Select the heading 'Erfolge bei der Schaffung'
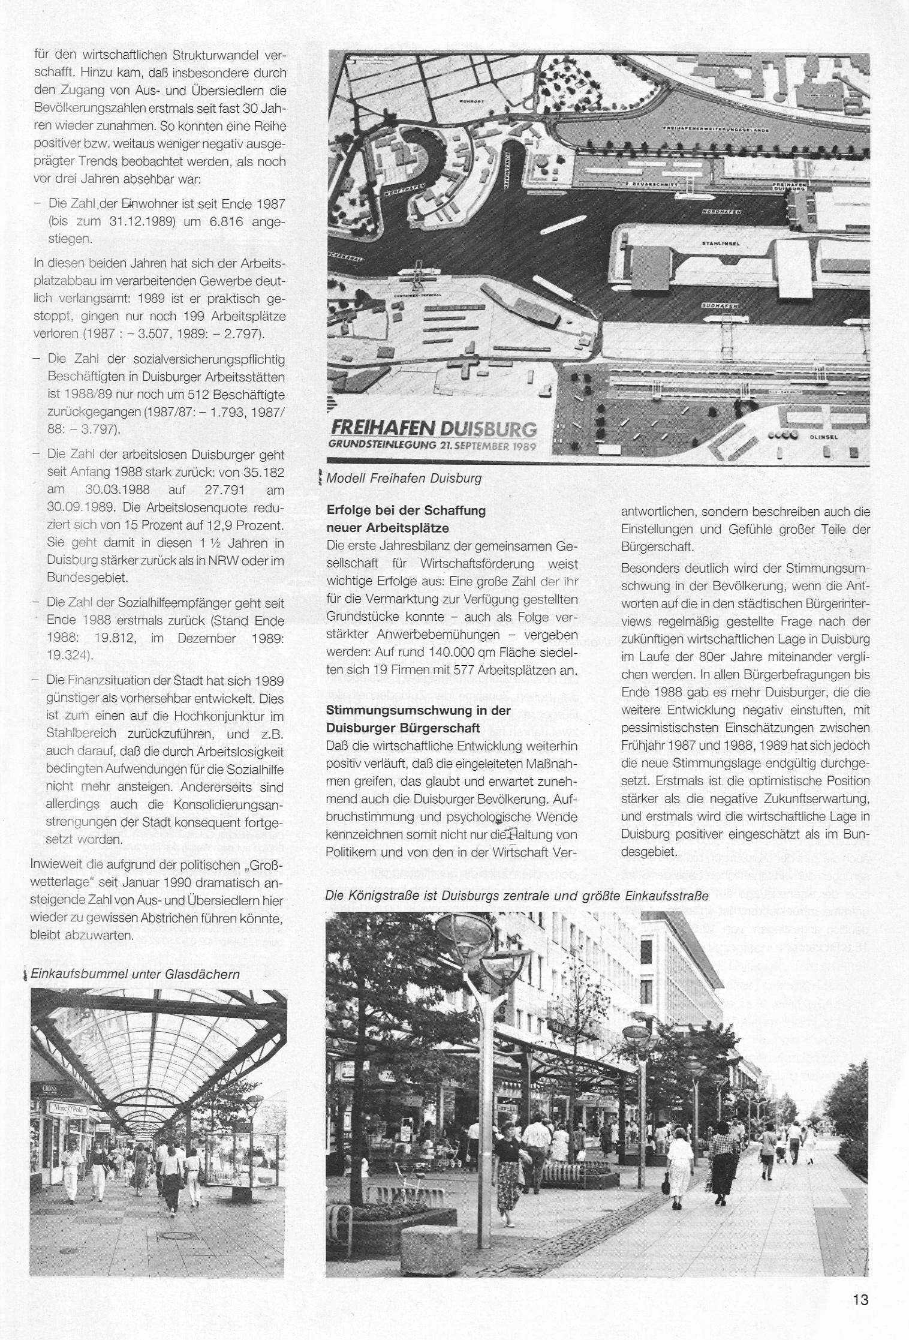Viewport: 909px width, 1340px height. click(406, 511)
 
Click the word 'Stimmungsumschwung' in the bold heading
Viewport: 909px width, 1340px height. click(390, 710)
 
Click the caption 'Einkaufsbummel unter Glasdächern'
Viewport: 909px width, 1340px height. click(135, 974)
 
